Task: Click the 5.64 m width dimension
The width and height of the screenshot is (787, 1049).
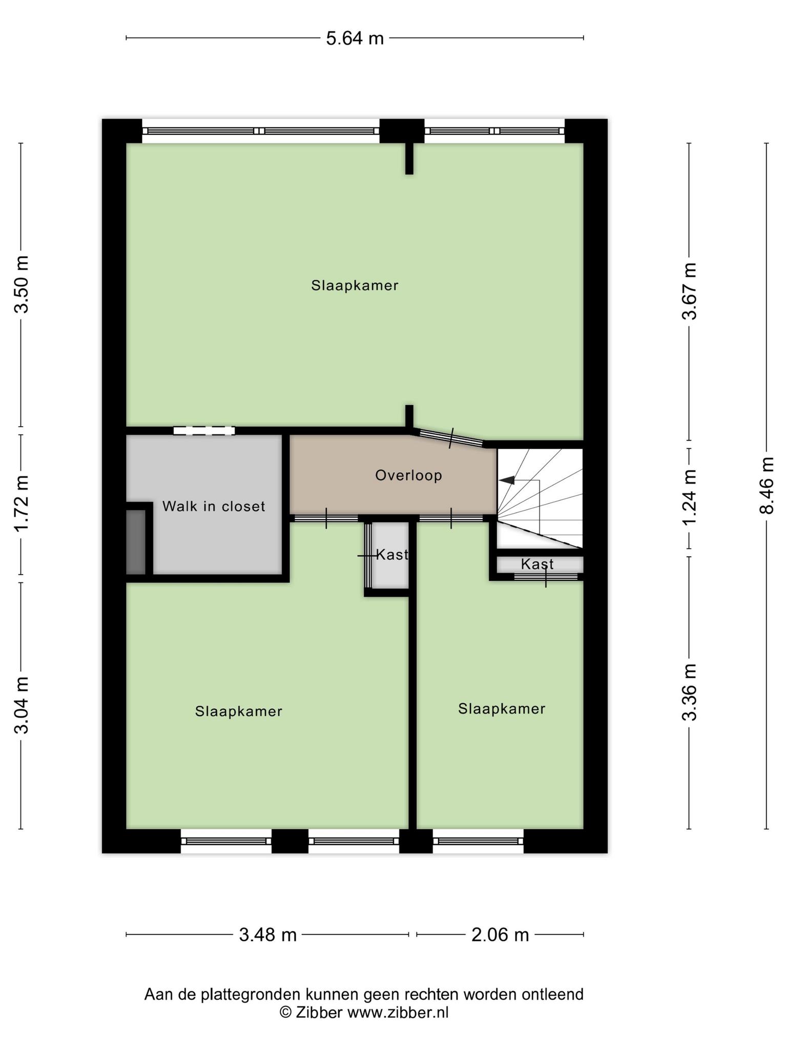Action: tap(355, 38)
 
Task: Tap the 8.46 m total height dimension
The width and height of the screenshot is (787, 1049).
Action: tap(767, 485)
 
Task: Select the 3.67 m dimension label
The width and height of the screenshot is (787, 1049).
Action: tap(690, 291)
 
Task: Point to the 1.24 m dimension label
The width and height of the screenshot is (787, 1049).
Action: tap(690, 497)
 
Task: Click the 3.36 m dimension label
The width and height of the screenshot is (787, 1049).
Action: tap(690, 692)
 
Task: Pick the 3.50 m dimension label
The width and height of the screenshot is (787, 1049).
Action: tap(22, 284)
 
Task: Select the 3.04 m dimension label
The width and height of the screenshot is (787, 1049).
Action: tap(22, 705)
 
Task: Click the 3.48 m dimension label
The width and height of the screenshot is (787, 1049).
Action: tap(268, 935)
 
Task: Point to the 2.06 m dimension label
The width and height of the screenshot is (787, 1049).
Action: tap(500, 935)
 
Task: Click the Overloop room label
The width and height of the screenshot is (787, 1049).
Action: tap(408, 476)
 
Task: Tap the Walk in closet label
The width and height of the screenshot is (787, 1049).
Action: tap(214, 507)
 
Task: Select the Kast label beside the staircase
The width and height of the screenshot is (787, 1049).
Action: tap(537, 564)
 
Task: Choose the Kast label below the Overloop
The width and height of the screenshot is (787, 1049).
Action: tap(392, 554)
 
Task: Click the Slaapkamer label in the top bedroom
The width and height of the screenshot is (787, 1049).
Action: tap(355, 286)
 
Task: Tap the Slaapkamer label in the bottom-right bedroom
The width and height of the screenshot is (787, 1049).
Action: tap(502, 709)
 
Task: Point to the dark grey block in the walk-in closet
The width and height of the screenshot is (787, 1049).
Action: tap(136, 542)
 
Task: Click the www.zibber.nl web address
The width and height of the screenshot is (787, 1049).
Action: tap(398, 1012)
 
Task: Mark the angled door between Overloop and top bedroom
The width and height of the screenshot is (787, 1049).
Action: tap(450, 438)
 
